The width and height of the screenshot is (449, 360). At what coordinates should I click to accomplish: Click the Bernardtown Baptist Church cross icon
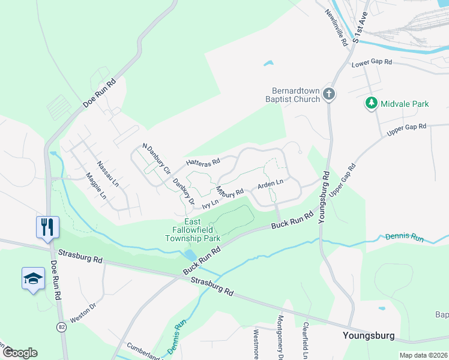(x=328, y=94)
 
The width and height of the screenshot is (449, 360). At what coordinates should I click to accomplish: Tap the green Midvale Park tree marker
(x=372, y=104)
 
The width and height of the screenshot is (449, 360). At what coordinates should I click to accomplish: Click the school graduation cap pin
(x=34, y=279)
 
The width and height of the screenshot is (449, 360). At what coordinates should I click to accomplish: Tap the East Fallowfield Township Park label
(x=193, y=230)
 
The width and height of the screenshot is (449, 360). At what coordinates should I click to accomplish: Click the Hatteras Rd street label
(x=203, y=162)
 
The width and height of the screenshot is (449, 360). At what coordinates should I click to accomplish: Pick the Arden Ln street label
(x=270, y=183)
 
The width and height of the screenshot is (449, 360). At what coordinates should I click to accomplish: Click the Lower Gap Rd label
(x=372, y=62)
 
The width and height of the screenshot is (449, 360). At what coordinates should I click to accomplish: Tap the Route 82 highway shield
(x=62, y=326)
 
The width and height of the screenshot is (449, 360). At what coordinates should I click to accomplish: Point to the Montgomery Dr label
(x=280, y=338)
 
